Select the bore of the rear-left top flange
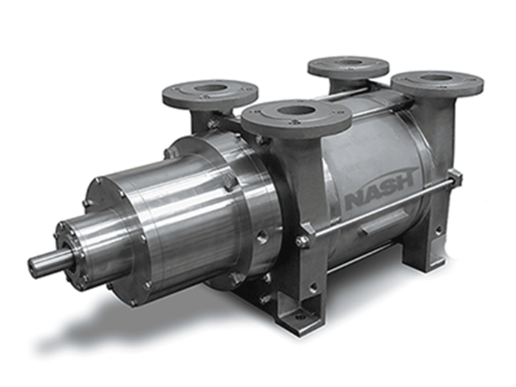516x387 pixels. (210, 89)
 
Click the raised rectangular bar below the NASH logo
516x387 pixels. (382, 224)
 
